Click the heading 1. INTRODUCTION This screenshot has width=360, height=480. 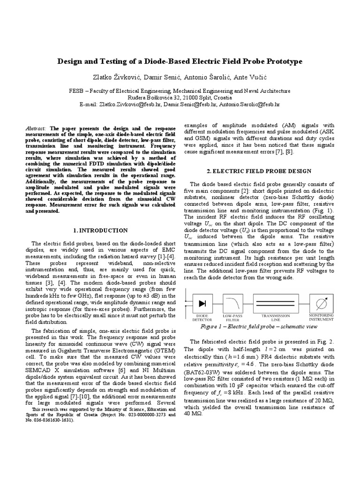tap(101, 231)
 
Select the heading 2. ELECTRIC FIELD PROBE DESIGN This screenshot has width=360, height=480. tap(259, 171)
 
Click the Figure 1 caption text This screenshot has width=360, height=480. tap(258, 326)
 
